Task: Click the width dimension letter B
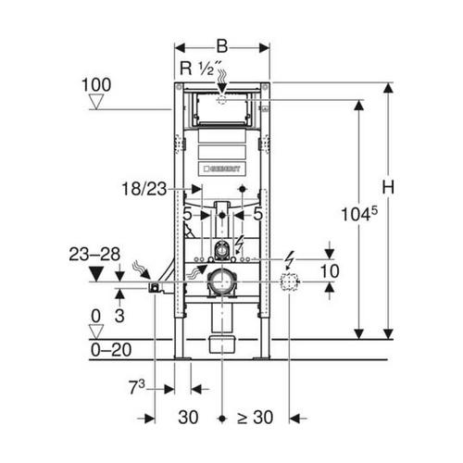coord(222,46)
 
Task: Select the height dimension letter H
coord(388,187)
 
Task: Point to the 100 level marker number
coord(96,85)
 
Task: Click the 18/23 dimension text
coord(144,189)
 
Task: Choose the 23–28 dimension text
coord(94,255)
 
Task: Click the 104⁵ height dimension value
coord(359,214)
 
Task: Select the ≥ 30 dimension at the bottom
coord(255,418)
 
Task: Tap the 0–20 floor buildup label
coord(111,350)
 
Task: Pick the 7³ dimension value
coord(136,387)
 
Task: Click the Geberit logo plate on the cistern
coord(222,169)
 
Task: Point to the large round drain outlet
coord(221,282)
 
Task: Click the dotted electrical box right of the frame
coord(290,282)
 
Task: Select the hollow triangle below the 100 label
coord(96,102)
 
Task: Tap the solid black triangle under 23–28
coord(96,274)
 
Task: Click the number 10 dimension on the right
coord(330,271)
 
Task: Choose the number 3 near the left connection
coord(119,316)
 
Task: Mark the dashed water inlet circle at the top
coord(222,100)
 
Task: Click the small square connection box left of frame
coord(155,288)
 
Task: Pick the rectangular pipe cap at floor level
coord(222,344)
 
